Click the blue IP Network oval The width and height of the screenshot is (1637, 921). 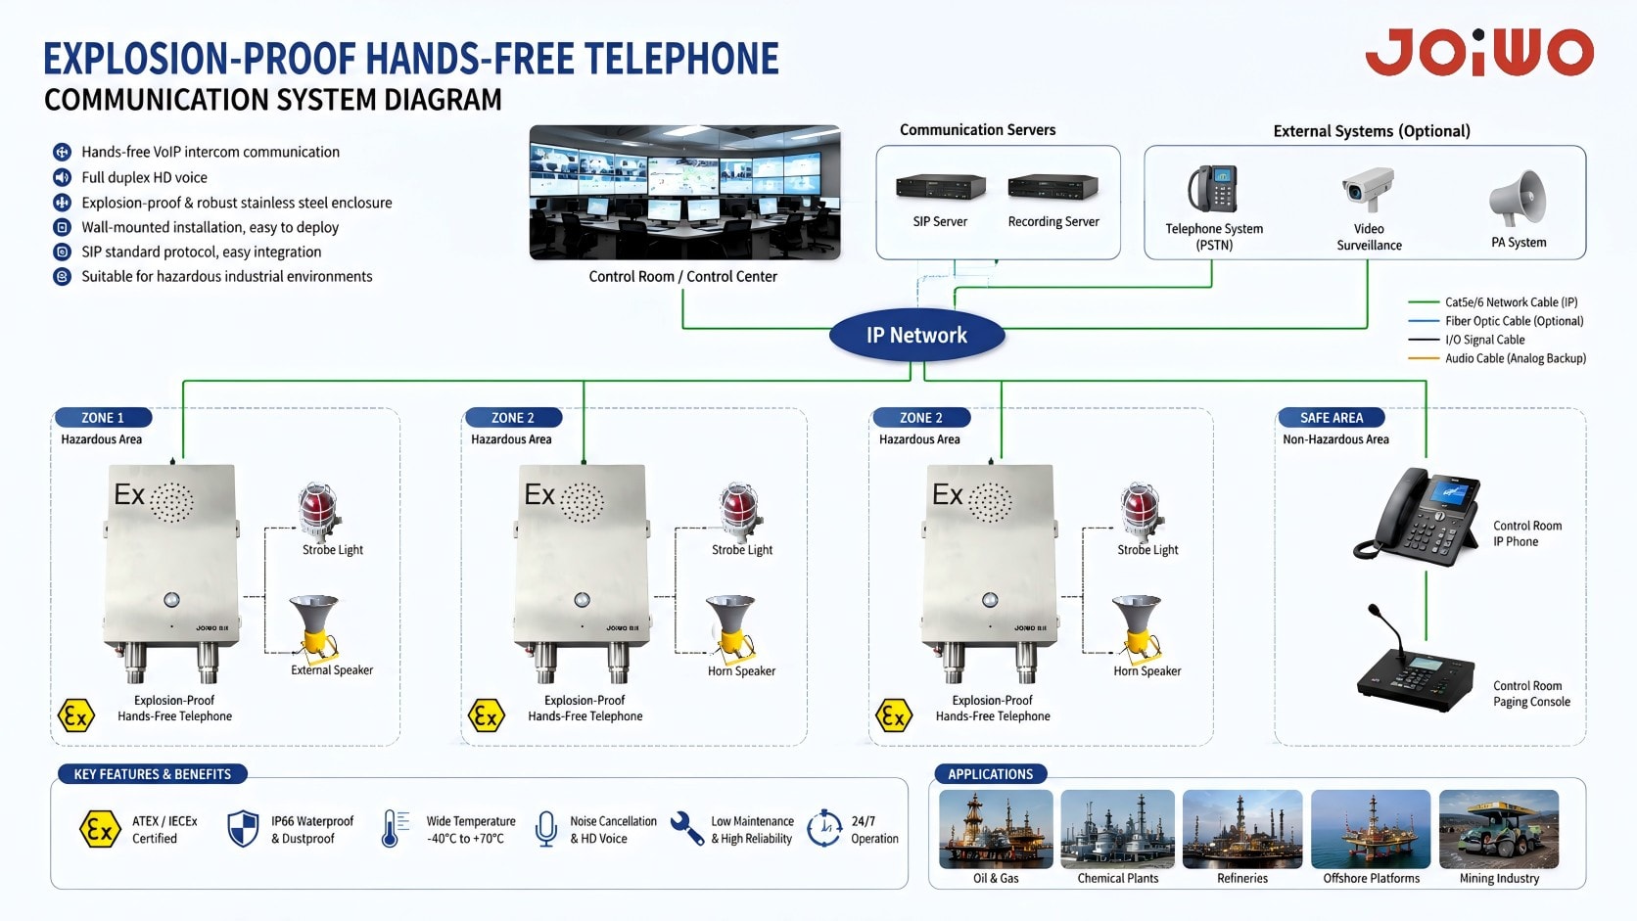[x=917, y=336]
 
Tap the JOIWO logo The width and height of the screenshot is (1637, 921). [x=1479, y=52]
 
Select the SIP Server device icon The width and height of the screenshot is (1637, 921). [x=941, y=188]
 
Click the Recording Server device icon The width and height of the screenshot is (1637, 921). [x=1053, y=188]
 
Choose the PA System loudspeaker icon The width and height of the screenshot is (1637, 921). [x=1518, y=198]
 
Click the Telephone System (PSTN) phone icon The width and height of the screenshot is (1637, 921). [x=1212, y=189]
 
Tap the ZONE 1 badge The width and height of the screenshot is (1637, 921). [x=103, y=417]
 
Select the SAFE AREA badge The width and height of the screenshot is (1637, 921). [x=1331, y=417]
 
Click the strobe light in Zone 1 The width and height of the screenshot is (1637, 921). [x=318, y=511]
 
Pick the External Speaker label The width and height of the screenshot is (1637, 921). [x=332, y=669]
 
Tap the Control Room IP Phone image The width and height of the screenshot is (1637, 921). [x=1417, y=517]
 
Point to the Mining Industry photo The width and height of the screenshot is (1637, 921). [x=1499, y=829]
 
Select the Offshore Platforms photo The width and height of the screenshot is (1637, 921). [x=1371, y=829]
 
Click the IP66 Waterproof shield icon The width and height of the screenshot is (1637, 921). [x=244, y=829]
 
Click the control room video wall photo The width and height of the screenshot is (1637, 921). [x=684, y=192]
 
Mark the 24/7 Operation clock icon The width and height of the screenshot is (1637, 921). [x=823, y=828]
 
